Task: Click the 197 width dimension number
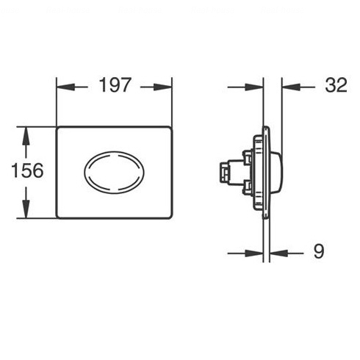[115, 85]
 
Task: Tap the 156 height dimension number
[27, 170]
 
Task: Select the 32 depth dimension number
[336, 85]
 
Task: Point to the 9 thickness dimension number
[319, 251]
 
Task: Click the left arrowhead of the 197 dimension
[65, 87]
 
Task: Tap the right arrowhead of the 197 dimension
[163, 87]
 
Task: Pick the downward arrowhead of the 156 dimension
[26, 209]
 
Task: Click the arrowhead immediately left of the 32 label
[291, 87]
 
